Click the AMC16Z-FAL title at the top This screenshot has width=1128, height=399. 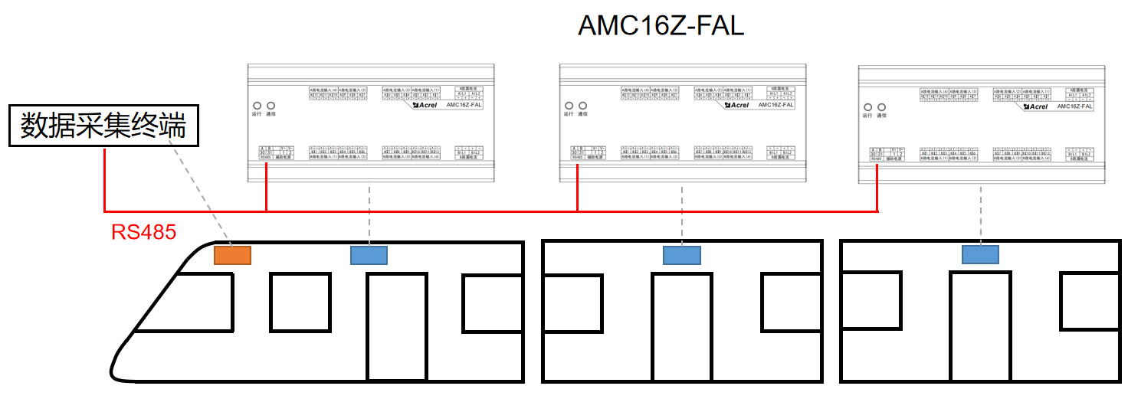pos(661,26)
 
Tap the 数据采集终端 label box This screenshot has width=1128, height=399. pos(103,126)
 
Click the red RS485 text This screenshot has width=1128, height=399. pos(143,232)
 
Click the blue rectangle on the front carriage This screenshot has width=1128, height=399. pos(369,255)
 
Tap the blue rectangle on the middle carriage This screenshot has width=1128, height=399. pos(681,255)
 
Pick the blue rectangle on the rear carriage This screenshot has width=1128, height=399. pos(980,255)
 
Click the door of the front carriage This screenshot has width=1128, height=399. pos(396,326)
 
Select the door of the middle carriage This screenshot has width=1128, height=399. pos(681,326)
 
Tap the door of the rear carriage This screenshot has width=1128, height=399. pos(980,326)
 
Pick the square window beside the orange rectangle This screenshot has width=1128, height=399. pos(300,302)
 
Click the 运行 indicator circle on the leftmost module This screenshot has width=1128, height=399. pos(257,106)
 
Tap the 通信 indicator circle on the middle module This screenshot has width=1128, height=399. pos(583,106)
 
